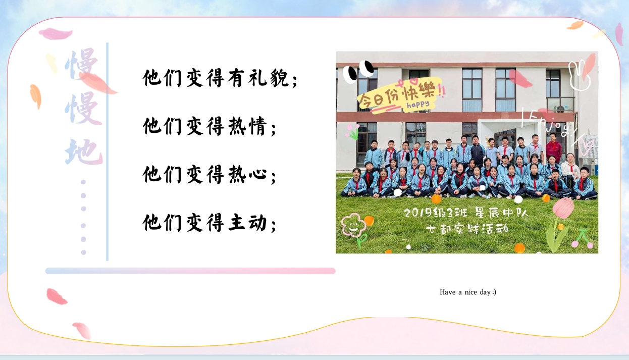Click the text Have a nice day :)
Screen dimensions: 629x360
point(468,292)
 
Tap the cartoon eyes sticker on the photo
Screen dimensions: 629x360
point(358,71)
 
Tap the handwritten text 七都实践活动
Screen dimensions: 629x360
point(467,229)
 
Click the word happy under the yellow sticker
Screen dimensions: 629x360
point(418,105)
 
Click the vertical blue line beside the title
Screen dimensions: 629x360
point(107,151)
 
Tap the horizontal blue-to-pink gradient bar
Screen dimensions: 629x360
point(190,271)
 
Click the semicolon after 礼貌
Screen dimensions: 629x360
point(295,81)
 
